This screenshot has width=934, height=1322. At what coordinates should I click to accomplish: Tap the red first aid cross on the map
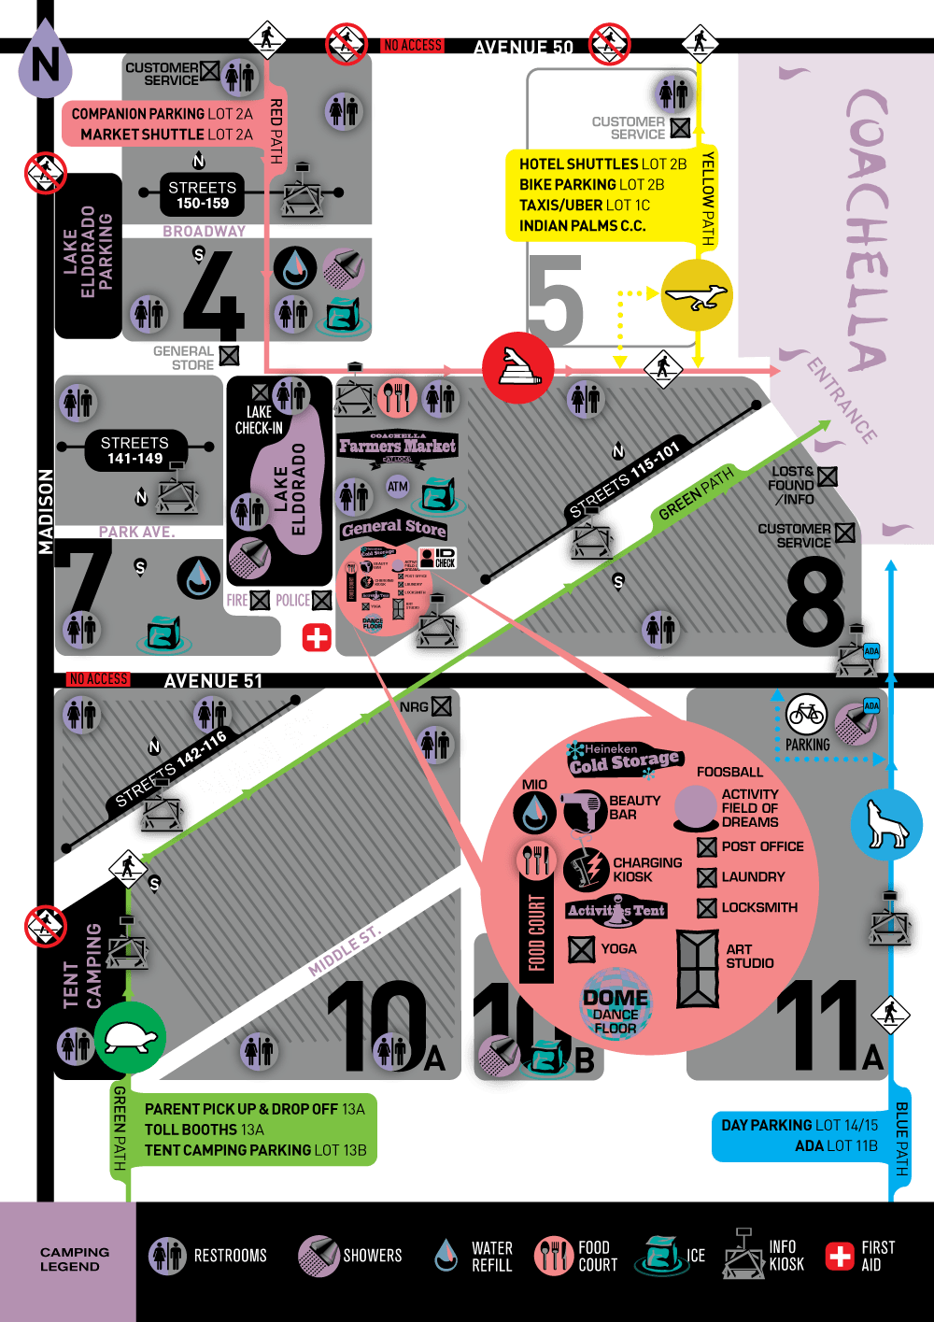point(317,637)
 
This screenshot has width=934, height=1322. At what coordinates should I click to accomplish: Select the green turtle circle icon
point(130,1037)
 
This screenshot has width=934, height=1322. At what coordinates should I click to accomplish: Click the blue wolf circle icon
point(885,824)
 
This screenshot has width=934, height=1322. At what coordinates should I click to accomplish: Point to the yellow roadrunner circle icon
point(697,296)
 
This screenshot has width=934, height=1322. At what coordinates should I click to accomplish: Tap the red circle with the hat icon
point(518,367)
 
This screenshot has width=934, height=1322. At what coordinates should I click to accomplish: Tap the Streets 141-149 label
point(134,450)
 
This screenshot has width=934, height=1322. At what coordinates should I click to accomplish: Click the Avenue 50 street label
point(523,48)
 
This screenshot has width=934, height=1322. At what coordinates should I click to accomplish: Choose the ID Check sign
point(437,558)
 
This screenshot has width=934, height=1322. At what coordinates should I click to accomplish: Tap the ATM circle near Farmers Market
point(398,486)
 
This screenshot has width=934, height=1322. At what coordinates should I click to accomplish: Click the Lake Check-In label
point(259,419)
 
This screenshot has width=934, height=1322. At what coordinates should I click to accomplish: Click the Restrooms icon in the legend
point(168,1256)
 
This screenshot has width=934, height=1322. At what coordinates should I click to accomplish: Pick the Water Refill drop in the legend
point(446,1256)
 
